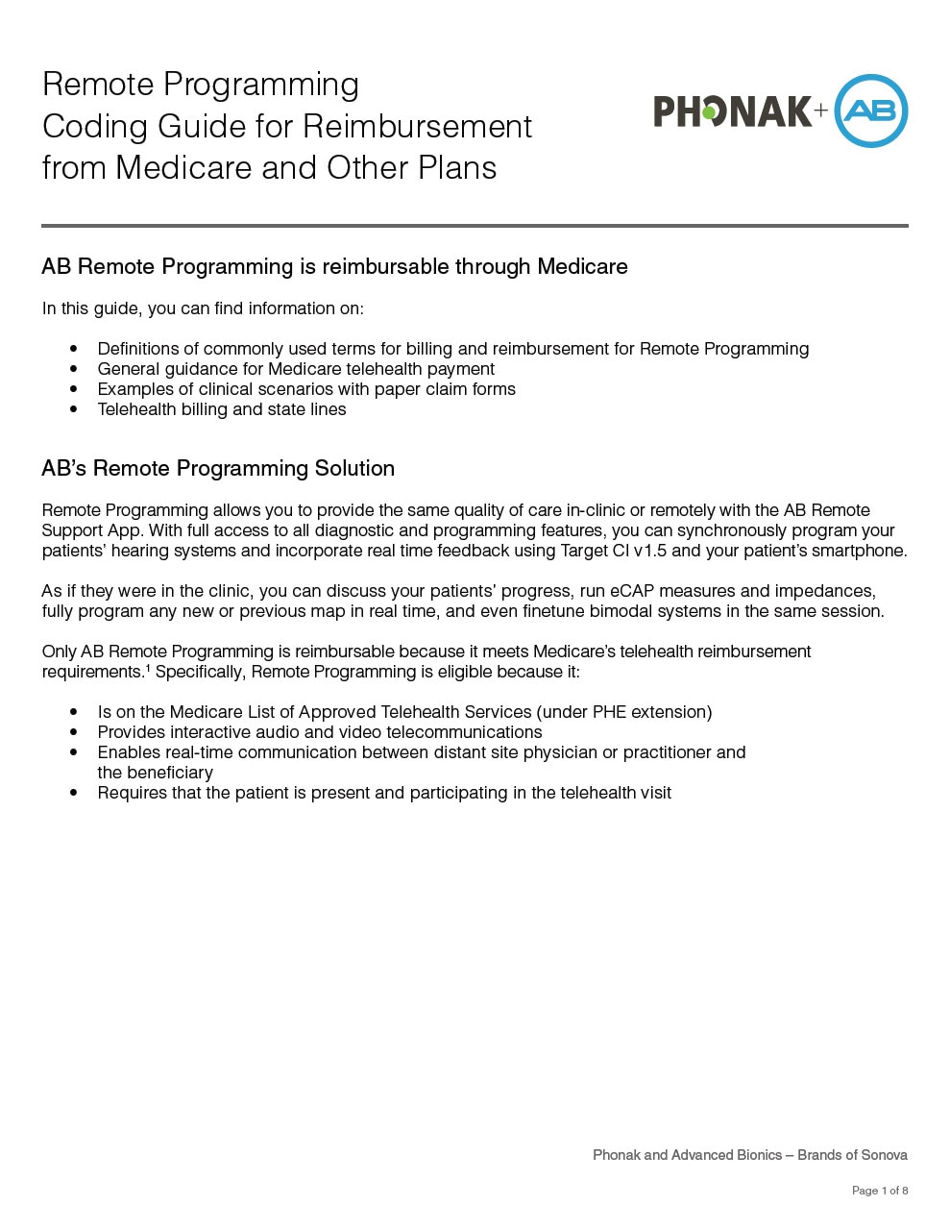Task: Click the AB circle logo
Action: click(x=870, y=111)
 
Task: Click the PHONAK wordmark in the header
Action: click(x=733, y=111)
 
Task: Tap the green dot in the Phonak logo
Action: click(x=709, y=113)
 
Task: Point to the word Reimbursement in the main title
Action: click(x=417, y=126)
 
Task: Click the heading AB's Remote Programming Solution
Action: click(x=218, y=469)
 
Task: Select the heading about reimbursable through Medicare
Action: click(x=334, y=267)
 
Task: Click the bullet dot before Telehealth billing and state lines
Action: click(x=74, y=410)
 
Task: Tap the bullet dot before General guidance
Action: click(x=74, y=370)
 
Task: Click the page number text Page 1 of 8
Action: click(x=879, y=1191)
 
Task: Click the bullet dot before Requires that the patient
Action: click(x=74, y=794)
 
